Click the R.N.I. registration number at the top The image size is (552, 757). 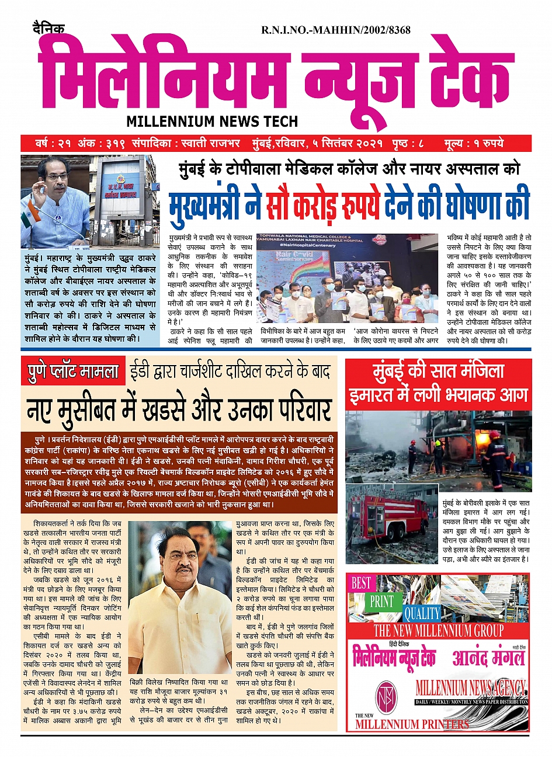[x=335, y=30]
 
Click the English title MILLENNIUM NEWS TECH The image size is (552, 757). [x=212, y=121]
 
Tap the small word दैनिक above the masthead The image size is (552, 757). [x=48, y=28]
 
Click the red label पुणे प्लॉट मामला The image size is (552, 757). [x=73, y=371]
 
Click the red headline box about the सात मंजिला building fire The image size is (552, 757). [x=438, y=384]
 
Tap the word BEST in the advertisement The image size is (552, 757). [x=361, y=583]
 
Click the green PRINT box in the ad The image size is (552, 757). [x=382, y=602]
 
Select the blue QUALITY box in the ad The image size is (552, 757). [x=422, y=613]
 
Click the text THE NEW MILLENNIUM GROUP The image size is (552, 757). [x=438, y=631]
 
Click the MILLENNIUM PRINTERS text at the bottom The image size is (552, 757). [x=412, y=724]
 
